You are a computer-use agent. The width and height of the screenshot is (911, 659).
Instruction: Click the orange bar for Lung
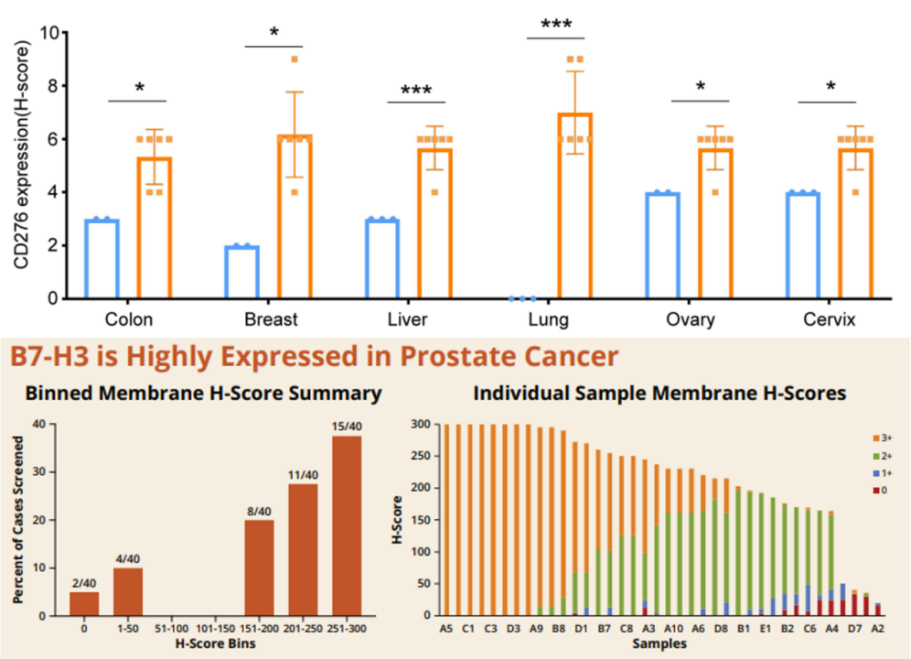pos(575,206)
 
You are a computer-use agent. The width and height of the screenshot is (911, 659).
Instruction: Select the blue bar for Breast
pos(242,272)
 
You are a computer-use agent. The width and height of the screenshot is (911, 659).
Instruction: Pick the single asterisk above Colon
pos(139,89)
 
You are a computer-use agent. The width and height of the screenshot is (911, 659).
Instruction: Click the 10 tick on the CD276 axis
pos(52,33)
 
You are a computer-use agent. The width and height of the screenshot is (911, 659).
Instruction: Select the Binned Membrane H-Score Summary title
pos(202,394)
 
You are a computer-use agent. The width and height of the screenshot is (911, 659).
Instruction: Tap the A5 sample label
pos(445,630)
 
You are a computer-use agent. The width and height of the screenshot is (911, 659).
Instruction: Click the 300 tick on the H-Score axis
pos(419,425)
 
